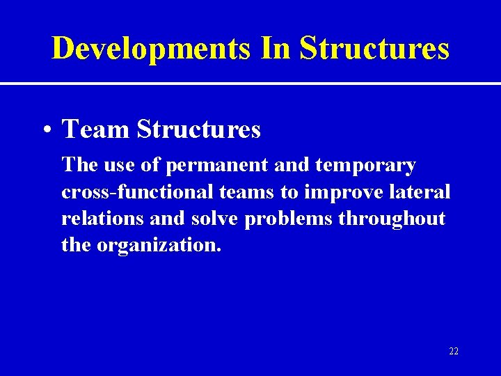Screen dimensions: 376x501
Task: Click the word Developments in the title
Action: coord(151,49)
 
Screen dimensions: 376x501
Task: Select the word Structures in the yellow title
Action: coord(375,49)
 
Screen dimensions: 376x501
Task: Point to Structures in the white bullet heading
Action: coord(199,129)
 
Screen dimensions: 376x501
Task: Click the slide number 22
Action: coord(454,352)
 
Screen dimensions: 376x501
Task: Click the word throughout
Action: coord(392,219)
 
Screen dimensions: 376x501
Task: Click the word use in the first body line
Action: coord(113,166)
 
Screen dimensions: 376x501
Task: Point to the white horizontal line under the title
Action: coord(250,84)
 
